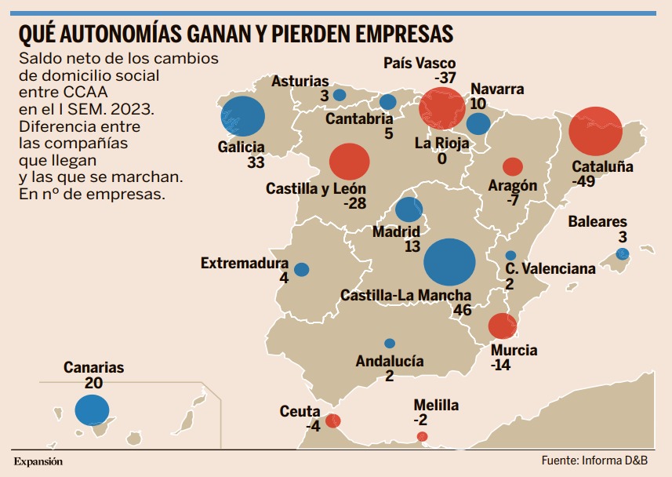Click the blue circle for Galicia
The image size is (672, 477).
coord(242,117)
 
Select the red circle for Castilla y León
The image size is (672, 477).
coord(350,162)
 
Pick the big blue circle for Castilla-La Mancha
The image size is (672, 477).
coord(450,262)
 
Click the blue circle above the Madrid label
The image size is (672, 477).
coord(409,209)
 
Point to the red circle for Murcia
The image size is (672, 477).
coord(502,326)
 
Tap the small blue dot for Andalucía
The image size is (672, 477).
coord(390,343)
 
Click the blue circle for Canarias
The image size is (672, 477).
coord(92,410)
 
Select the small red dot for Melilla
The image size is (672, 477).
coord(423,436)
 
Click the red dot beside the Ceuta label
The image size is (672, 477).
coord(332,421)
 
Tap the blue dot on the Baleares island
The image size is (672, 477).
coord(623,253)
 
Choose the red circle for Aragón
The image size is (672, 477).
coord(512,166)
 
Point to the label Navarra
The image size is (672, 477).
coord(497,89)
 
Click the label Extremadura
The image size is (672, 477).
coord(245,264)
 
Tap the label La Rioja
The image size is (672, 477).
coord(441,144)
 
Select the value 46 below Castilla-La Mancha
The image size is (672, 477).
coord(462,310)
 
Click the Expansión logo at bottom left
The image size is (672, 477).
coord(38,461)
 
